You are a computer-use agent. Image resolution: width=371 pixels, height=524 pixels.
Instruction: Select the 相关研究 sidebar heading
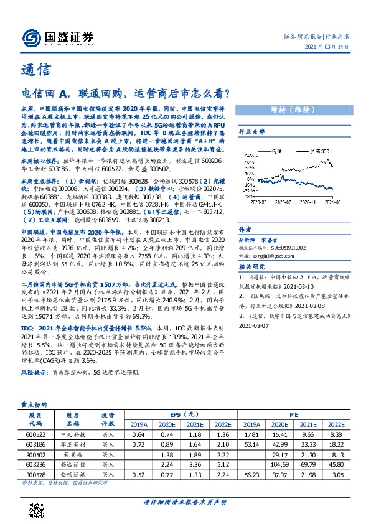point(252,268)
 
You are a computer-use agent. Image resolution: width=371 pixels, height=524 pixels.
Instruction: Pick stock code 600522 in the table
point(35,434)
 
